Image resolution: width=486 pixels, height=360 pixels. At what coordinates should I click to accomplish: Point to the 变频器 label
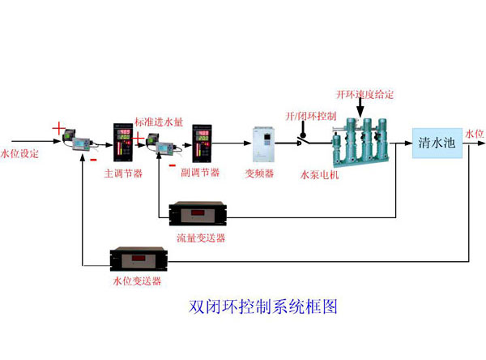tap(260, 173)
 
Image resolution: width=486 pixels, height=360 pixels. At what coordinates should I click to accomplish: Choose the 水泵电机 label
tap(318, 173)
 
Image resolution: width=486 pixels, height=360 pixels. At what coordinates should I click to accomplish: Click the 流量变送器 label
tap(201, 238)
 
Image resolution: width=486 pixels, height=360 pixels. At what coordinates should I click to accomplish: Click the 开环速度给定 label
tap(365, 95)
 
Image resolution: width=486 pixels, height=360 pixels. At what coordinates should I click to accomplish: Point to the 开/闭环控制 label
tap(311, 116)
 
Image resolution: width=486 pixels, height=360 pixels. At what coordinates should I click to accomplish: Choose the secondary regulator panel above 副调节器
tap(201, 143)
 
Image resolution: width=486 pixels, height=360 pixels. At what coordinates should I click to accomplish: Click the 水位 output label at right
tap(475, 132)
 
